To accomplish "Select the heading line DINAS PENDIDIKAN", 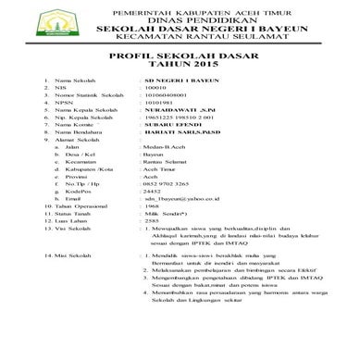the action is (180, 18).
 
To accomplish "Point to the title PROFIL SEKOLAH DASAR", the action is (180, 56).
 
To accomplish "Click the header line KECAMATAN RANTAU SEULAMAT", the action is (180, 36).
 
